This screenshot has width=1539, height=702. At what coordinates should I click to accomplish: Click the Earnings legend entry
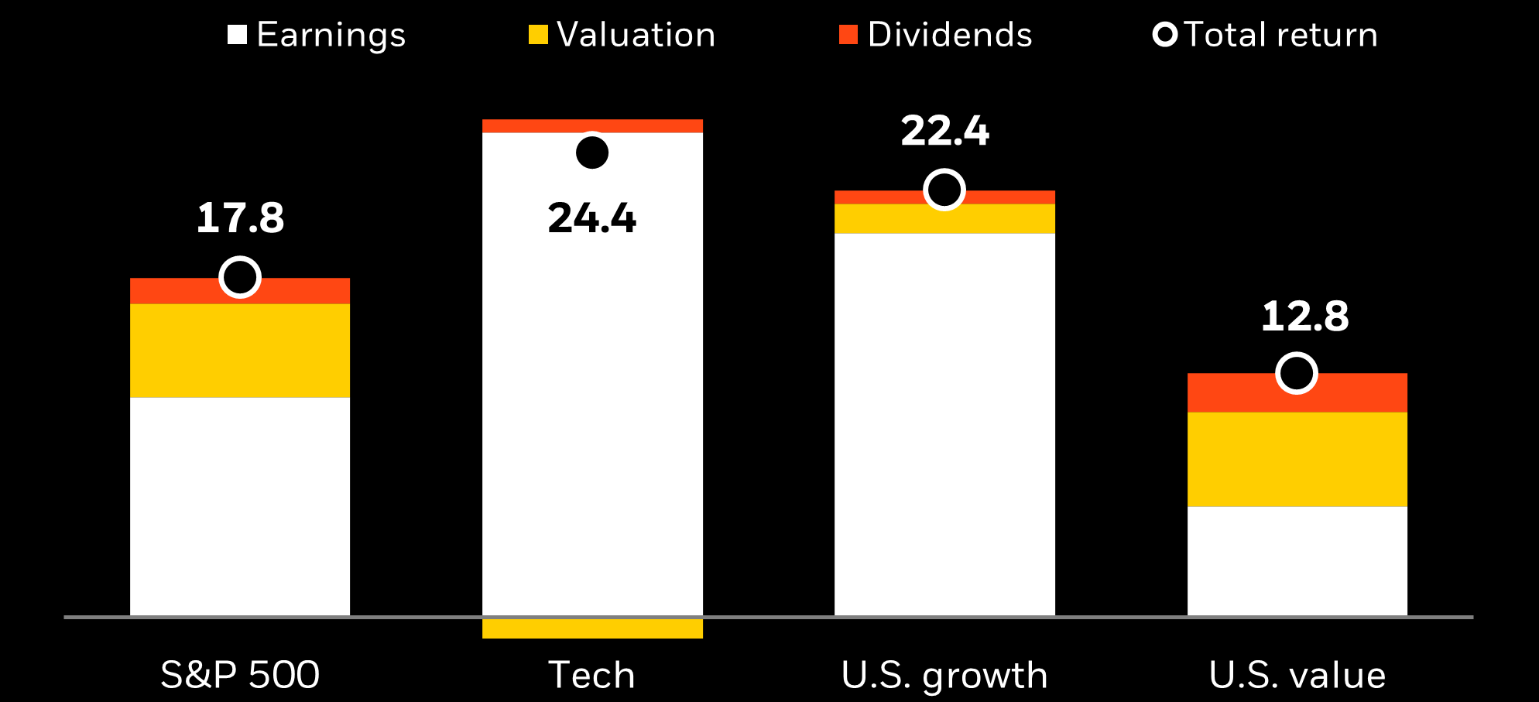317,35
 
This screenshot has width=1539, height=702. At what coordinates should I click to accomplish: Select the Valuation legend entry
622,35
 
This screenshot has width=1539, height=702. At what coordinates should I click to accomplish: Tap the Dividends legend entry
936,35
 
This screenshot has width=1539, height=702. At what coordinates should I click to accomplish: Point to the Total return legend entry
1266,35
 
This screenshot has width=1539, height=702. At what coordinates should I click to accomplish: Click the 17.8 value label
240,218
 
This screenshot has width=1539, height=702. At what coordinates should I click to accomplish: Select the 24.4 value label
592,218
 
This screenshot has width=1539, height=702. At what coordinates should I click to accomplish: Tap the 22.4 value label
944,131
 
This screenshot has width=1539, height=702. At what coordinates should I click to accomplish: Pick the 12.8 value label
1305,317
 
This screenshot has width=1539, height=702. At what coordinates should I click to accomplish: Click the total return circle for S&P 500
240,277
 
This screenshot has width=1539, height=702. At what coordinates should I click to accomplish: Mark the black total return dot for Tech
592,152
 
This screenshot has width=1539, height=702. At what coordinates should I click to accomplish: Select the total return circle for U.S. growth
944,190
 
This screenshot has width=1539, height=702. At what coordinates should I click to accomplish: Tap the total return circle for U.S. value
1297,373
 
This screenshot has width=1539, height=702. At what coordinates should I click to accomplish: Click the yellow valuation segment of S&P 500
240,351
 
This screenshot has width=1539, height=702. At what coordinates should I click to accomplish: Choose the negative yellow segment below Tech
592,628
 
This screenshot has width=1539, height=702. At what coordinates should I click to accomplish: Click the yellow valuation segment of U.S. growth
944,220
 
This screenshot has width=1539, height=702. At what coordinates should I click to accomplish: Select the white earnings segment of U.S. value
1297,560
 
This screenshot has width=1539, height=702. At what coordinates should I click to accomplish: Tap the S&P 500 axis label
240,675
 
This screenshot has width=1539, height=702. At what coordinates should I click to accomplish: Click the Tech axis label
592,675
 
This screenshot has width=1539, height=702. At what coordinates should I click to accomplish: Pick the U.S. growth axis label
944,675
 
